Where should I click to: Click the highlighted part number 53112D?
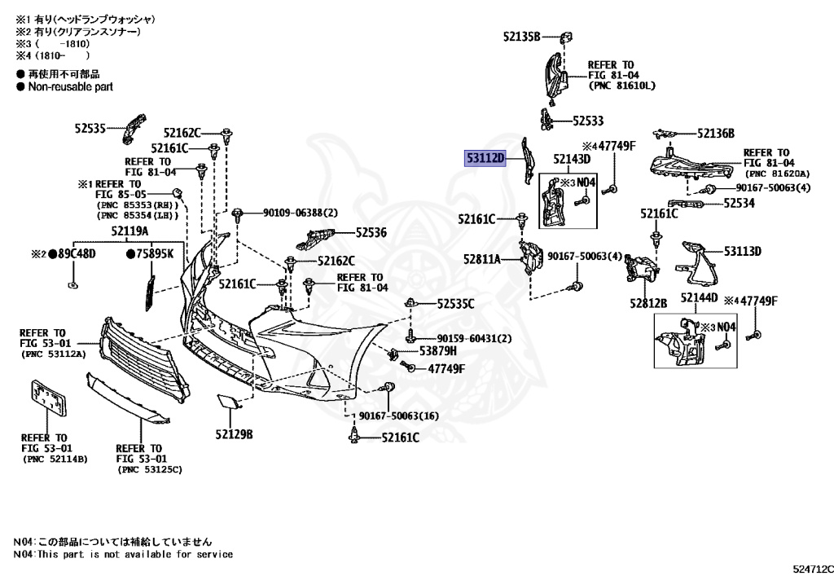[485, 157]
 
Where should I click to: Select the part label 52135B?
[521, 36]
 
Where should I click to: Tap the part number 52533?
[587, 121]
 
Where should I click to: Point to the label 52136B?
[716, 134]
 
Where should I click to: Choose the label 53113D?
[742, 251]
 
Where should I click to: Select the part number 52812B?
[647, 303]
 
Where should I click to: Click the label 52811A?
[482, 259]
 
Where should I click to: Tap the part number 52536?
[371, 232]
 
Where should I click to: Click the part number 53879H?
[437, 351]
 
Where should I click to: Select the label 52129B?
[234, 433]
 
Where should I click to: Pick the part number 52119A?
[130, 231]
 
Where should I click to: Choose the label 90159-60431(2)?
[474, 338]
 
